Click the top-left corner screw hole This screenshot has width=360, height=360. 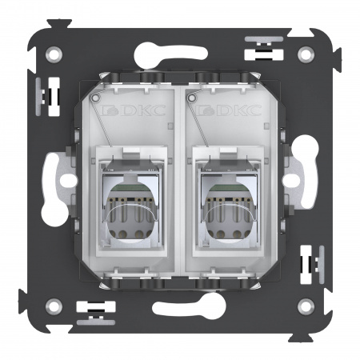pyautogui.click(x=54, y=55)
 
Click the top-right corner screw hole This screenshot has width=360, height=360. pyautogui.click(x=306, y=55)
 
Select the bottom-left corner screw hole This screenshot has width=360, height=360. pyautogui.click(x=54, y=305)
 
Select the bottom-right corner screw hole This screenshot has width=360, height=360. pyautogui.click(x=306, y=305)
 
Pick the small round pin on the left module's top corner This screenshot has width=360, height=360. pyautogui.click(x=96, y=100)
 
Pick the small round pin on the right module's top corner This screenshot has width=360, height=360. pyautogui.click(x=189, y=100)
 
